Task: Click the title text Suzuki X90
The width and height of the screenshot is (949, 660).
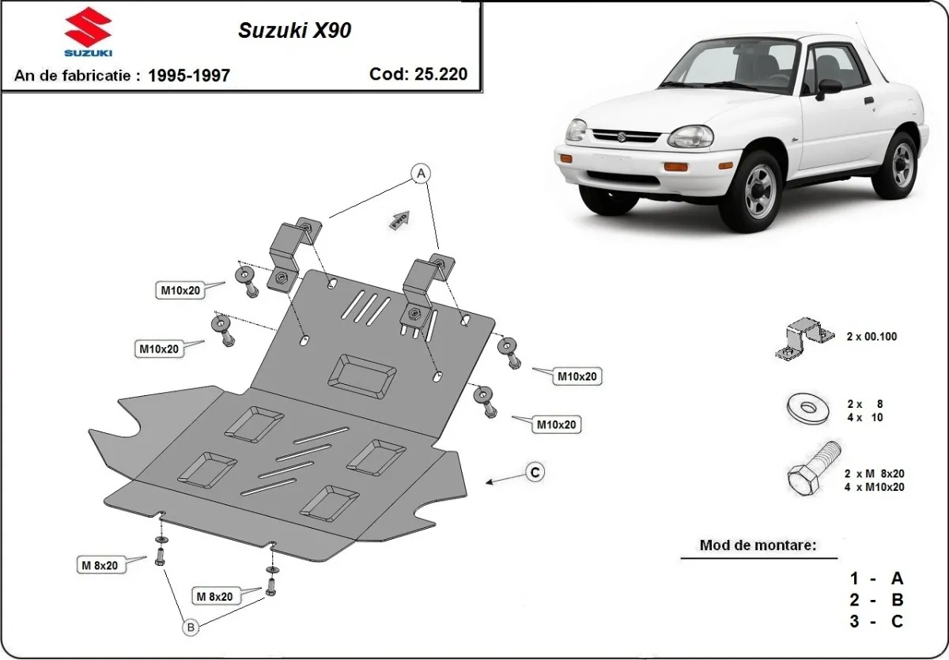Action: [x=295, y=31]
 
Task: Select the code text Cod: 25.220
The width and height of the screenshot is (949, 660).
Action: [x=418, y=74]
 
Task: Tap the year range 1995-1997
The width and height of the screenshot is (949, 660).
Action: [x=190, y=76]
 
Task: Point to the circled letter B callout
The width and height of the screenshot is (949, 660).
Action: [x=190, y=628]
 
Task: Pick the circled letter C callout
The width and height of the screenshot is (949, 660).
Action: [x=535, y=472]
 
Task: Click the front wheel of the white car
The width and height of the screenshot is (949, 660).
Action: [x=759, y=191]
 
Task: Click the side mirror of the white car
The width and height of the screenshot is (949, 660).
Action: [x=828, y=87]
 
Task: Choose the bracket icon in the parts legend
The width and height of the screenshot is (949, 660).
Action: [x=803, y=338]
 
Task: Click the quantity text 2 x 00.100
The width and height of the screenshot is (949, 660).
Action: [x=871, y=337]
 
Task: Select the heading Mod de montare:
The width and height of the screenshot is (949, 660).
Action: [x=758, y=545]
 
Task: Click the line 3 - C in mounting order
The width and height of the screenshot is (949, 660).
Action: [x=876, y=621]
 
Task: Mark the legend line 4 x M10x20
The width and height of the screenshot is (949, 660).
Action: [x=874, y=487]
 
